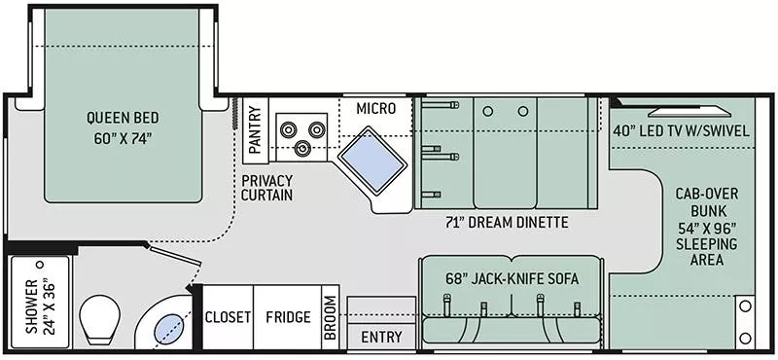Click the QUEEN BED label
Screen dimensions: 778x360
tap(124, 128)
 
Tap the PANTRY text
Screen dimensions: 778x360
tap(255, 130)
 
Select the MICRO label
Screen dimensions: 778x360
tap(376, 108)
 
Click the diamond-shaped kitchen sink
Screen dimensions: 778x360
tap(372, 160)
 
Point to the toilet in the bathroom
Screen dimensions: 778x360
tap(100, 319)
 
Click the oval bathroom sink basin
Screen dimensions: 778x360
tap(168, 329)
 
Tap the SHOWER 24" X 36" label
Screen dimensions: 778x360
tap(39, 306)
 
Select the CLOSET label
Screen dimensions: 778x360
tap(228, 317)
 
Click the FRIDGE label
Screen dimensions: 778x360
tap(288, 317)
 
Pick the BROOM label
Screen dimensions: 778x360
tap(330, 318)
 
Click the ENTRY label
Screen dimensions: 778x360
tap(381, 338)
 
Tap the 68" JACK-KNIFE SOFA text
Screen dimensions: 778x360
tap(512, 279)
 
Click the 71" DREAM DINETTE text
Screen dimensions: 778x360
tap(507, 223)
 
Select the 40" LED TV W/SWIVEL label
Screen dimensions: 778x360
tap(680, 131)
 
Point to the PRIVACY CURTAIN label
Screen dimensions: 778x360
tap(266, 188)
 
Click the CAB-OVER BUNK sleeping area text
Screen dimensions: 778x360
tap(707, 226)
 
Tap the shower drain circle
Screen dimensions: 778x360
tap(40, 265)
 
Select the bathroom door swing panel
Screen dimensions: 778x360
tap(175, 255)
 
